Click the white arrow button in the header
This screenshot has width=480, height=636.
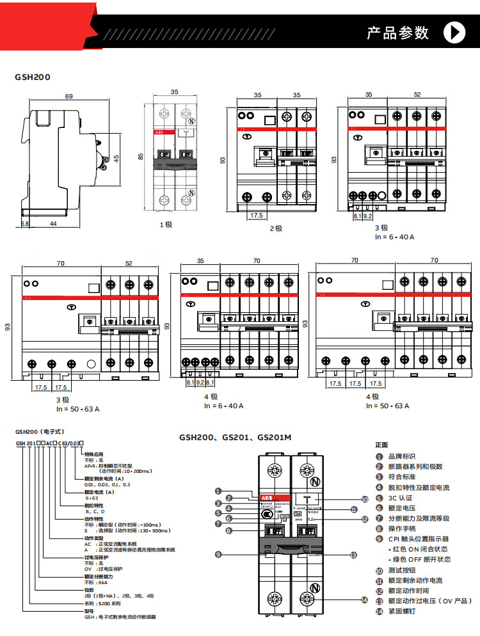tap(454, 32)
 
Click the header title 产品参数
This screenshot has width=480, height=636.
tap(397, 33)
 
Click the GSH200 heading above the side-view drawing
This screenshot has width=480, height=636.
tap(32, 77)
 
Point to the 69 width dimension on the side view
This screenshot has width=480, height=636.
tap(68, 97)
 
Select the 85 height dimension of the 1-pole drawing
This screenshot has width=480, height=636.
tap(141, 155)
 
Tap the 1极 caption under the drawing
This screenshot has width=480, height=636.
tap(166, 225)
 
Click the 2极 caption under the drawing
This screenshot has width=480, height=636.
tap(276, 228)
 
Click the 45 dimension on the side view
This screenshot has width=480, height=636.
tap(116, 159)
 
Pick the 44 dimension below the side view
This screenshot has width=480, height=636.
tap(54, 224)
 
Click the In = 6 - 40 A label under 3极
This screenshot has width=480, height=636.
tap(395, 237)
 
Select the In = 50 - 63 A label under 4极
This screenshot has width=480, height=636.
tap(387, 406)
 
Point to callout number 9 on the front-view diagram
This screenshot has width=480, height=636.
tap(218, 554)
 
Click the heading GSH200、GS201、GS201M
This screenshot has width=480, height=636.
tap(235, 438)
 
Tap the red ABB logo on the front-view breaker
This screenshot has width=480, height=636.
tap(266, 497)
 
